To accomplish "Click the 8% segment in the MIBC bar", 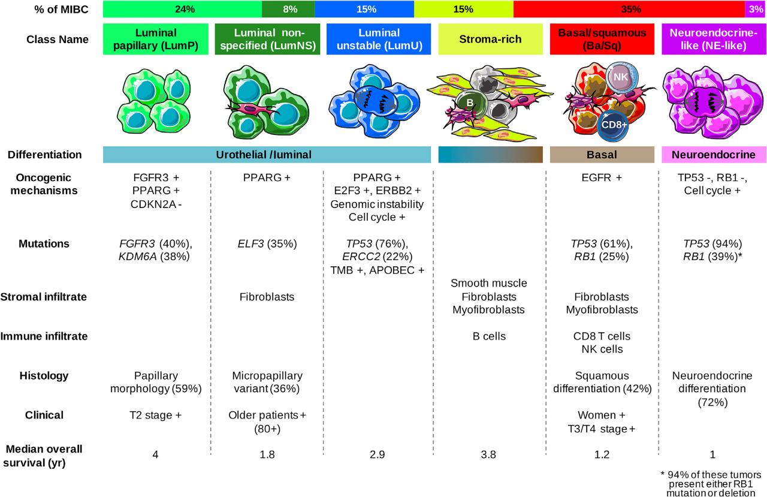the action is tap(288, 9).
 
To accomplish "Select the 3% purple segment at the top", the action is tap(756, 9).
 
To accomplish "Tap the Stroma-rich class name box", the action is tap(490, 39).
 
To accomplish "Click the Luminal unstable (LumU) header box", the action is tap(379, 39).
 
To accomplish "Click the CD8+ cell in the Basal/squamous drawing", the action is tap(614, 125).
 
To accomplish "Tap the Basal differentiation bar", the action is tap(602, 155).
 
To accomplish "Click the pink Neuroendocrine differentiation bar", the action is tap(714, 155).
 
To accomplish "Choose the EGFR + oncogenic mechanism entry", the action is tap(602, 177).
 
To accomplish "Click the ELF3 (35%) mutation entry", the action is tap(267, 243).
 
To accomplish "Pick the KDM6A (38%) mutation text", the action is tap(154, 257).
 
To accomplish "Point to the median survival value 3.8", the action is tap(488, 454).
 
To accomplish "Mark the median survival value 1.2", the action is tap(602, 454).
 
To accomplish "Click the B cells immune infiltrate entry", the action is tap(489, 336).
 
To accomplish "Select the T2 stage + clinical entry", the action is tap(155, 415).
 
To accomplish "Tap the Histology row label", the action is tap(44, 376).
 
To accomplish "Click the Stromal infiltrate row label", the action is tap(44, 297).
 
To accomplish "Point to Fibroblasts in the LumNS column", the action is tap(267, 297).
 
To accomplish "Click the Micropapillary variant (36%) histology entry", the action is tap(267, 382).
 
